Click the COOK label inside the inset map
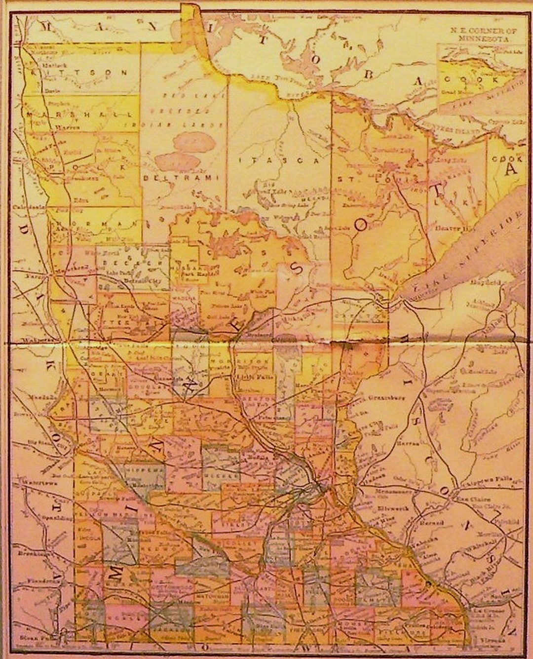pyautogui.click(x=469, y=79)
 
